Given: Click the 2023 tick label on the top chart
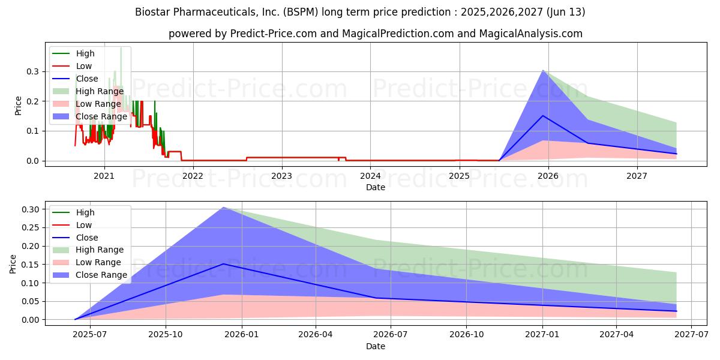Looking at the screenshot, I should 281,176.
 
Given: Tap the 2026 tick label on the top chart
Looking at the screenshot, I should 548,176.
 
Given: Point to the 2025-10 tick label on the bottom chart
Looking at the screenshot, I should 166,335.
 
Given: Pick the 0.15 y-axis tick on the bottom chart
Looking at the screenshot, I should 29,265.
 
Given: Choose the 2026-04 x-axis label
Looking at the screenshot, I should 316,335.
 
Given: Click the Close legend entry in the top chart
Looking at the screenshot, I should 87,79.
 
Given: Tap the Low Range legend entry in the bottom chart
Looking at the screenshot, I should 98,262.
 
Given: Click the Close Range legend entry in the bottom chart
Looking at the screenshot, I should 101,275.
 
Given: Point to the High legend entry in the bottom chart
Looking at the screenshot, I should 85,212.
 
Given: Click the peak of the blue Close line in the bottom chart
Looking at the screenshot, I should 224,264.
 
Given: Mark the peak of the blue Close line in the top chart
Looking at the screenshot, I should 543,116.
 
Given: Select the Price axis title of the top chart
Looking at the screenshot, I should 18,106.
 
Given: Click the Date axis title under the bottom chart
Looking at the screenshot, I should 376,346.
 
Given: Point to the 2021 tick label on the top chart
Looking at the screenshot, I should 104,176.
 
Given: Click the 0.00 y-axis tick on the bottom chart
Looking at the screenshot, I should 29,320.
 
